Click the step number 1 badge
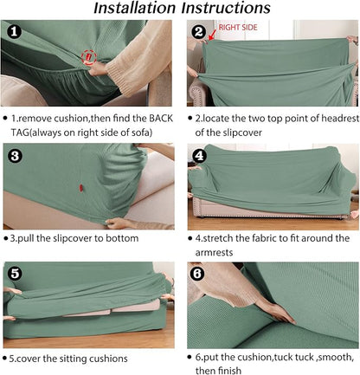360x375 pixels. (14, 31)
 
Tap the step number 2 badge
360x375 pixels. (199, 31)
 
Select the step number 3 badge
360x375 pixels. (15, 156)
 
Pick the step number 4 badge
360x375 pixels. (199, 156)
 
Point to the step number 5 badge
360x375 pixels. (15, 274)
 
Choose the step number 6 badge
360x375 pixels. (197, 274)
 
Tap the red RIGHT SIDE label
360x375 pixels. (238, 28)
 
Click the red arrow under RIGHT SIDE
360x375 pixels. (212, 35)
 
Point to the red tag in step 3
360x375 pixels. (81, 188)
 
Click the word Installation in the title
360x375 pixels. (136, 8)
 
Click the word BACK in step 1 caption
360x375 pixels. (161, 119)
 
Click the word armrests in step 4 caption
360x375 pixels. (214, 253)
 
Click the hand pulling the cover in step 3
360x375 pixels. (119, 223)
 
